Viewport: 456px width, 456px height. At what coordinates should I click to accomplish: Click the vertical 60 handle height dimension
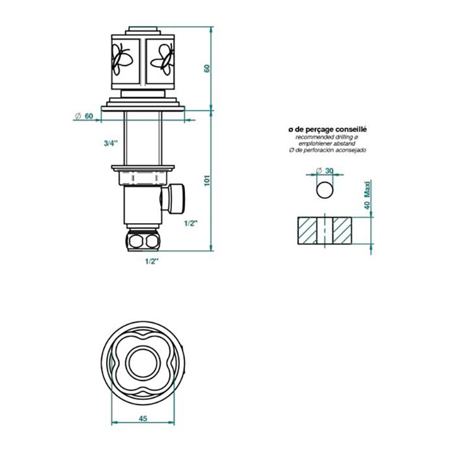[x=207, y=68]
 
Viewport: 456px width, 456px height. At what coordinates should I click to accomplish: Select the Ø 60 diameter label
[x=84, y=115]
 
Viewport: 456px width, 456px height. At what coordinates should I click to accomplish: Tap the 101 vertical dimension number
[x=207, y=180]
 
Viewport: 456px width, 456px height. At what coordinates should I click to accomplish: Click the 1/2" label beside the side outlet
[x=191, y=223]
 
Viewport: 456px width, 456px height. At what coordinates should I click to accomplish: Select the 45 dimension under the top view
[x=141, y=419]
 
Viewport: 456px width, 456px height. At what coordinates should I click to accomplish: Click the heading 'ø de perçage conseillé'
[x=328, y=130]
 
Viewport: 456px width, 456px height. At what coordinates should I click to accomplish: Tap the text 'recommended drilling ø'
[x=328, y=137]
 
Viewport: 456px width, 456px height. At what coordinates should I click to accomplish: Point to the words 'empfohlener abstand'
[x=328, y=144]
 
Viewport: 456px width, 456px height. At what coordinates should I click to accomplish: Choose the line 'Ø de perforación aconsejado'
[x=328, y=150]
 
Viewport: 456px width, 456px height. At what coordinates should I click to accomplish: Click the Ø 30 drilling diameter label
[x=324, y=171]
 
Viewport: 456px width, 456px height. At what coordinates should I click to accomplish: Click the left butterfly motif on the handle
[x=122, y=61]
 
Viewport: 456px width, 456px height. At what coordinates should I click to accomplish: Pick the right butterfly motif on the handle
[x=162, y=61]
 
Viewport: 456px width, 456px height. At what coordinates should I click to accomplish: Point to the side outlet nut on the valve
[x=177, y=199]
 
